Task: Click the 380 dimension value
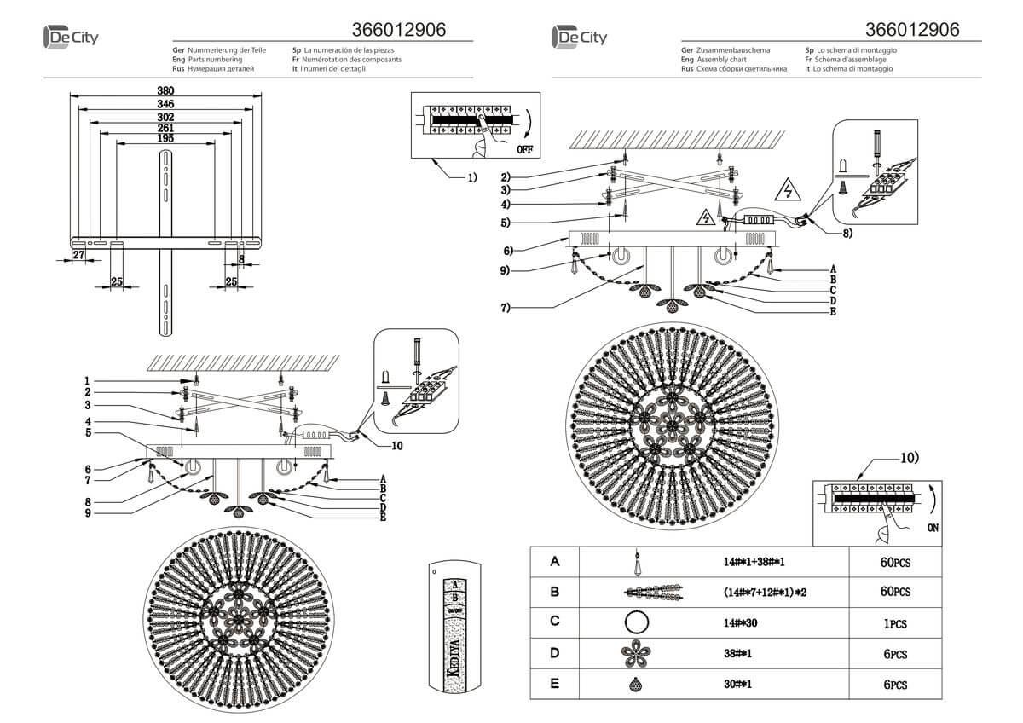[x=165, y=91]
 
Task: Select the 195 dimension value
[x=165, y=139]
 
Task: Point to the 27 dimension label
[x=78, y=254]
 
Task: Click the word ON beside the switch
[x=934, y=528]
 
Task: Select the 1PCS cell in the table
[x=896, y=623]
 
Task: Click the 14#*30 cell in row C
[x=741, y=623]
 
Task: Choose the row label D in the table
[x=555, y=653]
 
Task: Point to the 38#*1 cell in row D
[x=738, y=654]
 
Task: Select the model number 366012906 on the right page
[x=912, y=29]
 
